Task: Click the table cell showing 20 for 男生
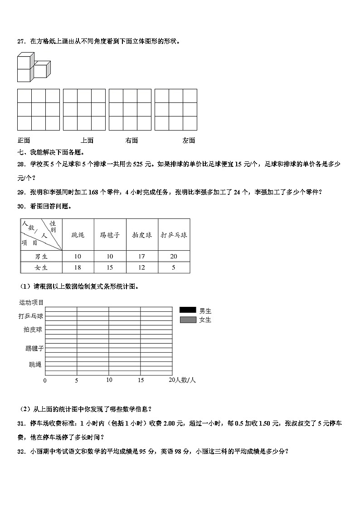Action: [x=174, y=257]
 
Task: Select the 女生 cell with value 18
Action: [x=78, y=267]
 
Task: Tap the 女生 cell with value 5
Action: [x=174, y=267]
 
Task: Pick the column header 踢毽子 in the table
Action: [x=110, y=235]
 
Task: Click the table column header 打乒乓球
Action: [x=174, y=235]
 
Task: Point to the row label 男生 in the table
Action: [x=41, y=257]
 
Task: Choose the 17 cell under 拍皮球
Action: [x=141, y=257]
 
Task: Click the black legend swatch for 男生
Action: [x=187, y=310]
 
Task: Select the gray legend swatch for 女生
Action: [x=187, y=320]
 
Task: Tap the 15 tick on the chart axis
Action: [x=141, y=380]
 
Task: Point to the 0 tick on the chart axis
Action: [x=45, y=381]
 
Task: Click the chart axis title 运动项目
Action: [x=31, y=302]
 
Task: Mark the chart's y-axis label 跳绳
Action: [x=35, y=364]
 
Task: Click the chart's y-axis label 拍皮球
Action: [x=33, y=330]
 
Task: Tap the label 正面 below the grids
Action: [x=24, y=141]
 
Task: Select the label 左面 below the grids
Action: [x=189, y=141]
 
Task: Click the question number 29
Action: [x=20, y=192]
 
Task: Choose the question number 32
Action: [x=20, y=451]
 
